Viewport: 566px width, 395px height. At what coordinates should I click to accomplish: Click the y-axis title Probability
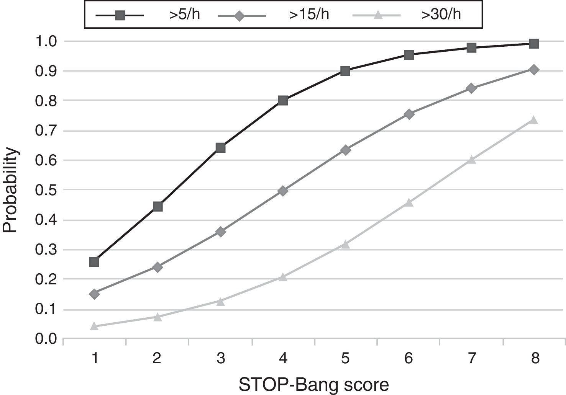click(10, 190)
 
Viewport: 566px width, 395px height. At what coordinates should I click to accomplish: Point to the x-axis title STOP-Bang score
click(314, 384)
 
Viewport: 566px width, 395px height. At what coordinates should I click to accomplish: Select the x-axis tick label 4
click(283, 358)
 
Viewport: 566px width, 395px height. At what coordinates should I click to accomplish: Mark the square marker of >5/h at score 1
click(94, 262)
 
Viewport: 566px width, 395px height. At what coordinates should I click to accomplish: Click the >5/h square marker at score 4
click(283, 101)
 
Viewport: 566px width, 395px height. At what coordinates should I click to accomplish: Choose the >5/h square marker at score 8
click(534, 44)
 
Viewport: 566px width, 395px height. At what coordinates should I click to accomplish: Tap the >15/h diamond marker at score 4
click(283, 191)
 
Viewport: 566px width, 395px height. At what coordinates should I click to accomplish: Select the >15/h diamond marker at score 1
click(94, 294)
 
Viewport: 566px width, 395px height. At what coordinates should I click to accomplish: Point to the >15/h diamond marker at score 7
click(471, 88)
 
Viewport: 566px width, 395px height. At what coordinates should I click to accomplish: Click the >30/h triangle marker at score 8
click(534, 120)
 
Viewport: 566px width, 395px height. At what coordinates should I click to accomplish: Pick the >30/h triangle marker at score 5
click(345, 244)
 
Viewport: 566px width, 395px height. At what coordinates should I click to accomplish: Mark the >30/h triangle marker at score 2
click(157, 317)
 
